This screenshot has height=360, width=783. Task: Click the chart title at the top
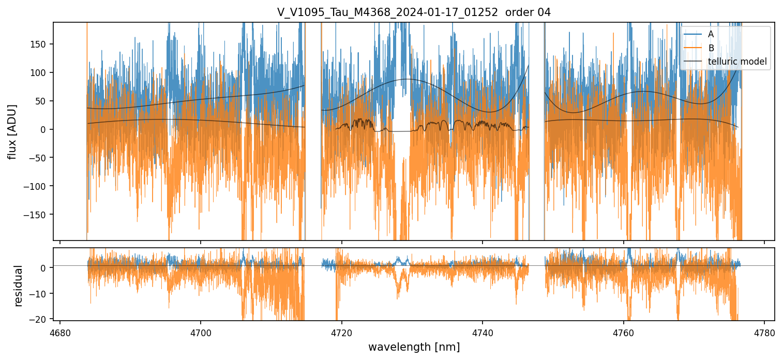point(414,12)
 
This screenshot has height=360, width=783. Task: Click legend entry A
point(711,34)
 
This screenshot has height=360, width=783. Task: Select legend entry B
point(711,48)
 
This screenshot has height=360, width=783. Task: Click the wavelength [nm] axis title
point(414,347)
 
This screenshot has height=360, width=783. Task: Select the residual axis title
point(19,286)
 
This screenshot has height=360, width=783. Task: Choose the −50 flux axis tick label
point(40,158)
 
